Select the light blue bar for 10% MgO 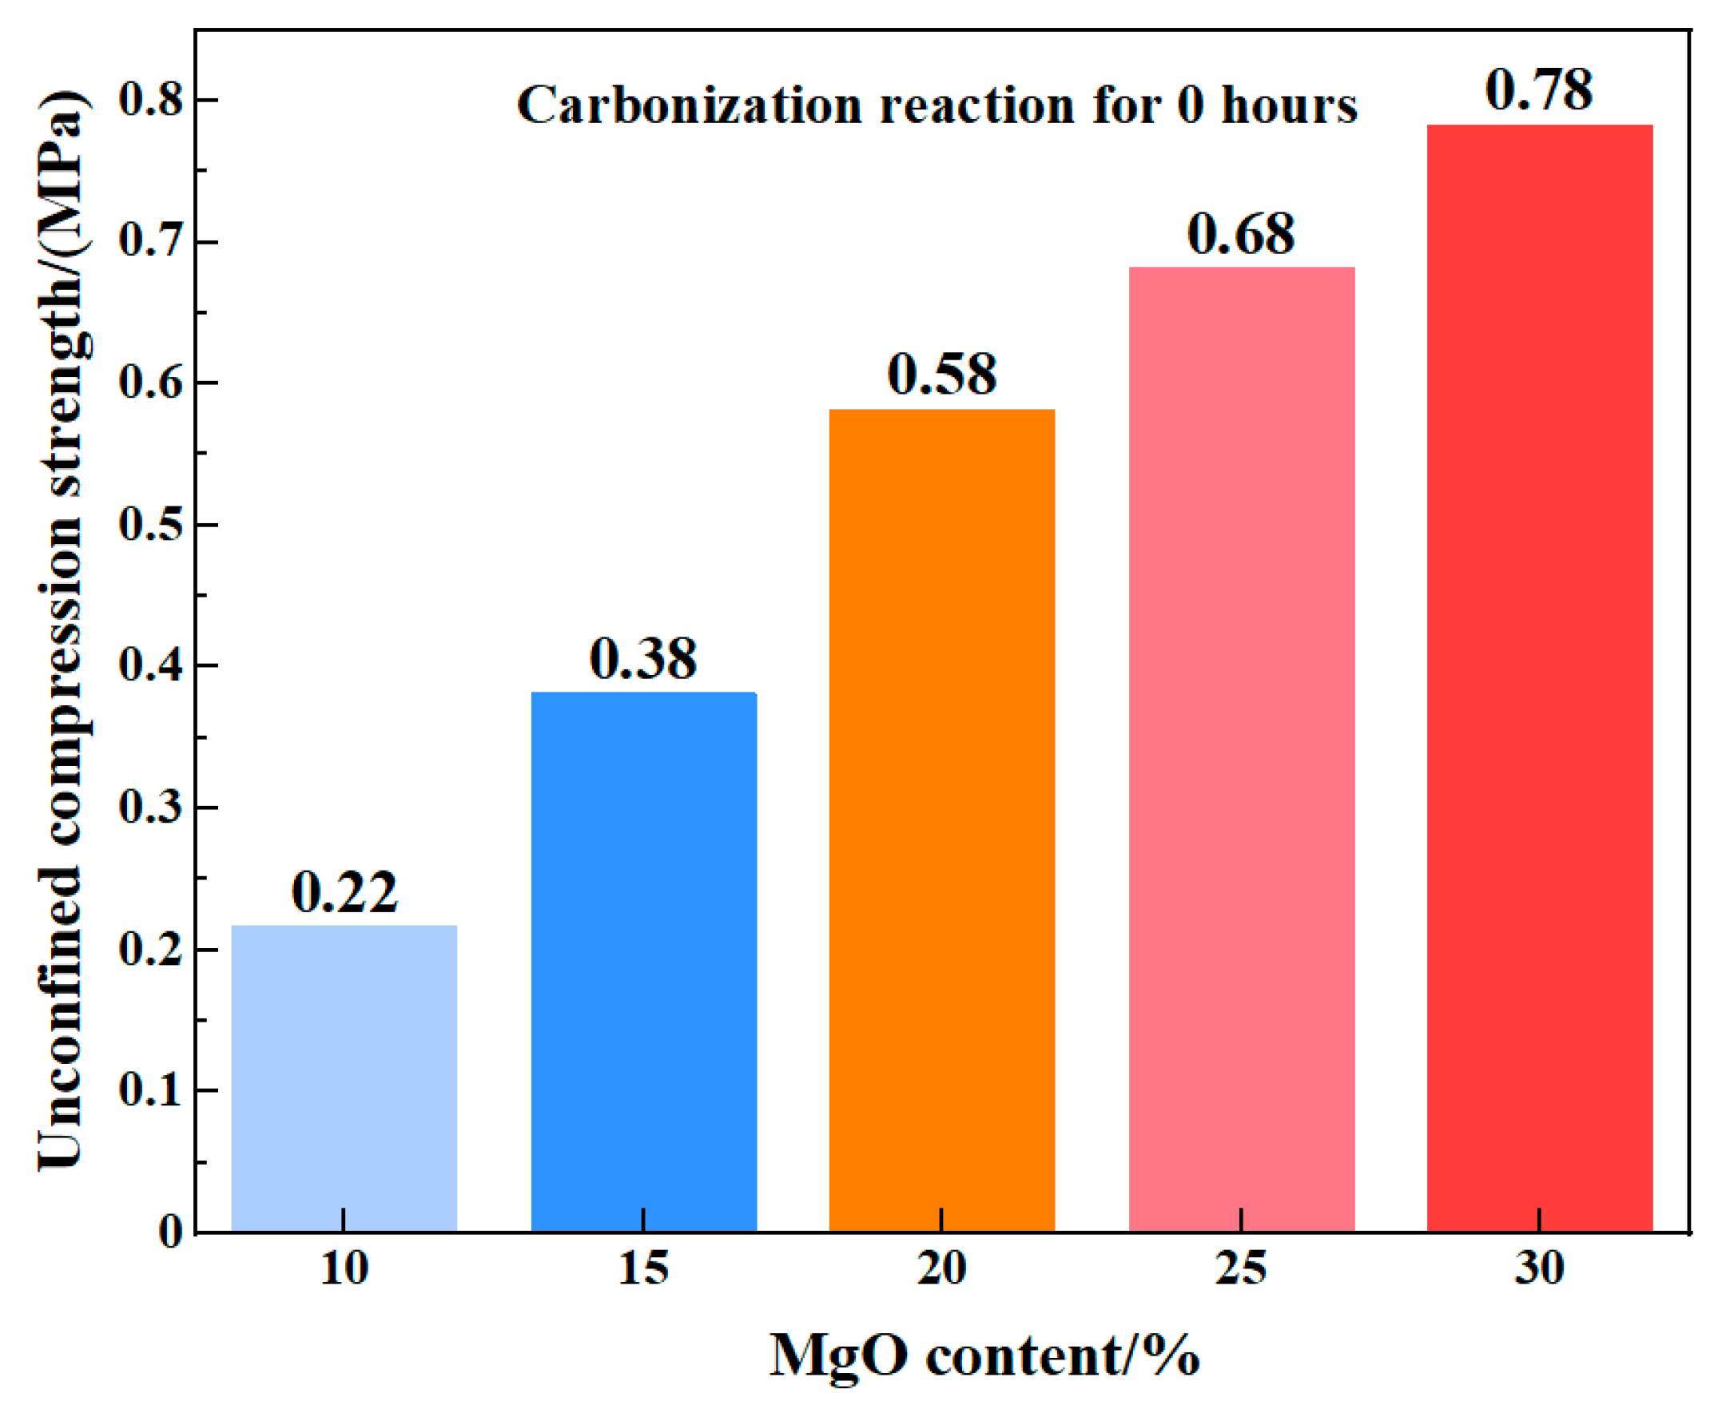tap(344, 1078)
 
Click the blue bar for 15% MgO tap(644, 962)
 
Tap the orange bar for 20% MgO tap(942, 821)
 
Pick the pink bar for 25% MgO tap(1243, 750)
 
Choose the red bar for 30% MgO tap(1540, 678)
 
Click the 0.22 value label tap(345, 892)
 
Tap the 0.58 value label tap(942, 374)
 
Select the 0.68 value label tap(1242, 234)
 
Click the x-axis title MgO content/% tap(984, 1356)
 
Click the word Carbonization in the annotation tap(690, 105)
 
